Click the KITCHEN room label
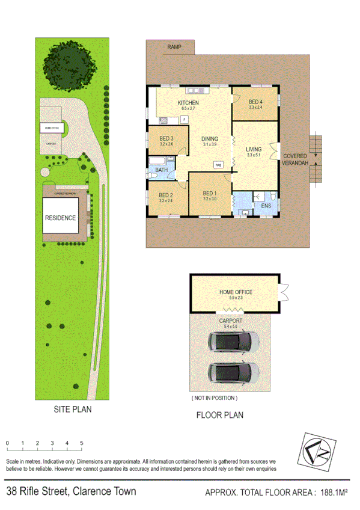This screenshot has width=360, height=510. (x=188, y=103)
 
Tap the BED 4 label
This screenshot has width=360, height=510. (x=255, y=102)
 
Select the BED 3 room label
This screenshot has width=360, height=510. (x=166, y=139)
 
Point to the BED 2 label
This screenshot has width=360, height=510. (x=166, y=195)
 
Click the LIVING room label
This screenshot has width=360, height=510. (x=255, y=149)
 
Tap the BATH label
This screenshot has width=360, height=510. (x=161, y=170)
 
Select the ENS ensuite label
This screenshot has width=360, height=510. (x=266, y=206)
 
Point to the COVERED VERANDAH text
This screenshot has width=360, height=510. (x=295, y=159)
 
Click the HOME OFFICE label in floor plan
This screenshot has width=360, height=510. (x=235, y=292)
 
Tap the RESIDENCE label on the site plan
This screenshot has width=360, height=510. (x=60, y=218)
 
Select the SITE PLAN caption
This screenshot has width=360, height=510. (x=72, y=410)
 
